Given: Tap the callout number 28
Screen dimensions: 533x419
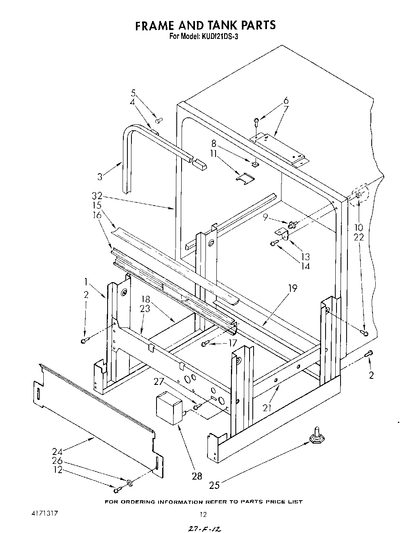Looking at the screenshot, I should [x=197, y=476].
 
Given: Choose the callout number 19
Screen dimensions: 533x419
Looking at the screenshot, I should [x=293, y=289].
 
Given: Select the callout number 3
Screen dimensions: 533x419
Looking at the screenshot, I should [x=100, y=176].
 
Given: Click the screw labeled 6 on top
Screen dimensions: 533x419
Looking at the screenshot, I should [x=257, y=120].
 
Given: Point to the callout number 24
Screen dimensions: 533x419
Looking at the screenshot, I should [x=57, y=451].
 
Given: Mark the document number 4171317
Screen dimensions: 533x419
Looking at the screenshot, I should [x=44, y=513].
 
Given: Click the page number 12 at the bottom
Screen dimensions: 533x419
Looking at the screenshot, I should [x=203, y=514].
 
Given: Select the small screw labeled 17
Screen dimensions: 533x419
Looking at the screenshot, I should [x=205, y=344].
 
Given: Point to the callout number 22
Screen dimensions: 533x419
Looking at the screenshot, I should [x=359, y=238].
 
